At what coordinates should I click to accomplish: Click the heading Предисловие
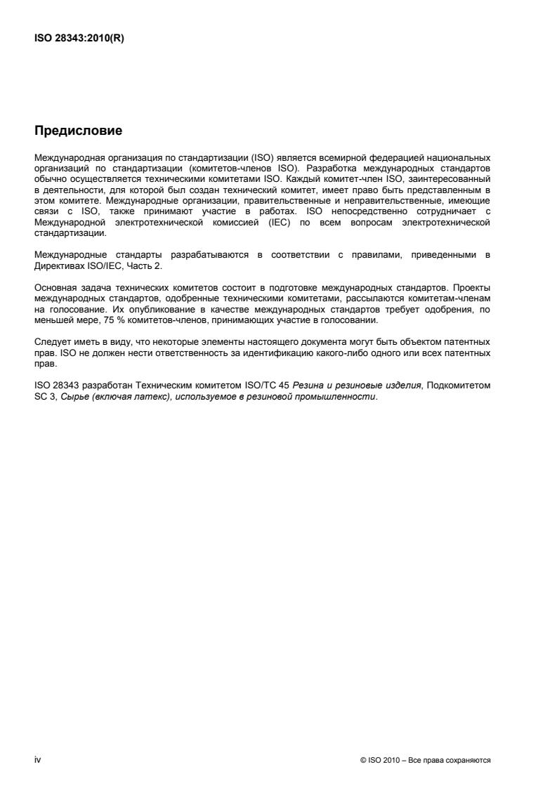(x=78, y=131)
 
